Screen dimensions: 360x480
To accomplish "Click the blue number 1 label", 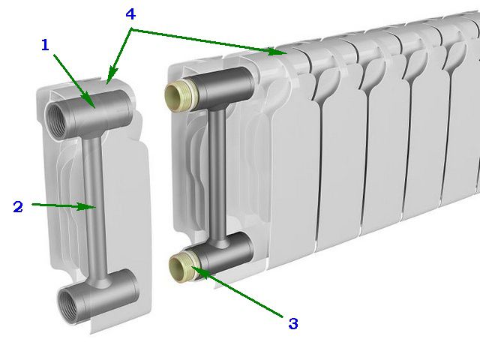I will (45, 45).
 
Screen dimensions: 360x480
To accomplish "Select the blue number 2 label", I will (18, 207).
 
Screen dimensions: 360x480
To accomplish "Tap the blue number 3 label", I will (293, 324).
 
